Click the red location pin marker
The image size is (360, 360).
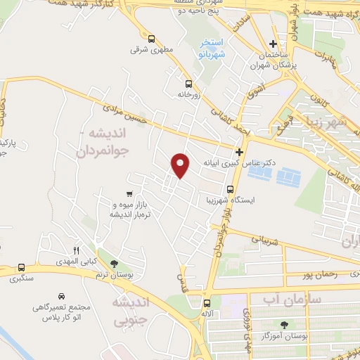click(181, 165)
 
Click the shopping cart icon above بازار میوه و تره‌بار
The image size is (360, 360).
click(129, 193)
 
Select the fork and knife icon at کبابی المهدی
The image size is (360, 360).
click(76, 250)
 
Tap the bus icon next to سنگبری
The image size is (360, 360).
click(22, 268)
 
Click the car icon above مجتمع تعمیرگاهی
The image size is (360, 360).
click(61, 296)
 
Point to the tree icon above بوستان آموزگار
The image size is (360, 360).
click(284, 325)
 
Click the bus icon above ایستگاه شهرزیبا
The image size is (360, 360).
click(230, 188)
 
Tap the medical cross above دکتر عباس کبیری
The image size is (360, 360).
click(239, 151)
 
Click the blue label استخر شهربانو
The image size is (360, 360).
click(209, 48)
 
